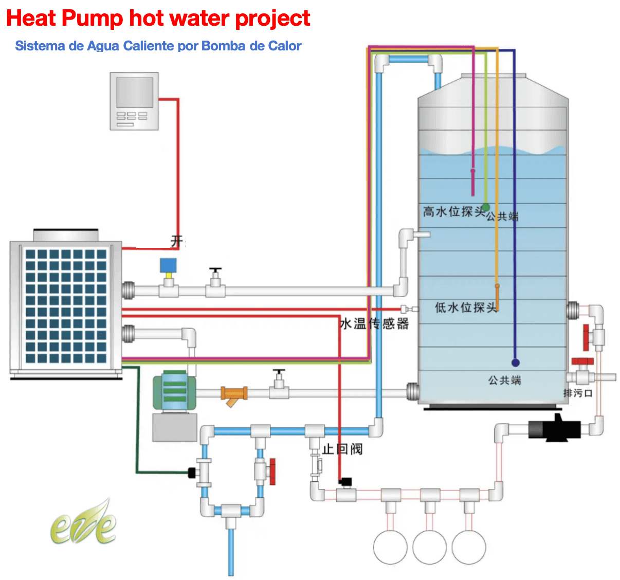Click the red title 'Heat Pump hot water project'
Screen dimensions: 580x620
coord(158,19)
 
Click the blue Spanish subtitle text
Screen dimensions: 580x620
coord(158,46)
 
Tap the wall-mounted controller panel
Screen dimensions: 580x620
coord(134,101)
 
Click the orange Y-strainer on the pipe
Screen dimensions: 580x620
coord(234,395)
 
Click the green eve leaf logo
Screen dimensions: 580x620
coord(84,523)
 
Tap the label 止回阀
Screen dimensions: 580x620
coord(342,449)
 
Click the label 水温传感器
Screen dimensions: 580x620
coord(374,323)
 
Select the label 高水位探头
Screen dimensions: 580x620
coord(454,211)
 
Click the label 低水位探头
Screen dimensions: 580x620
coord(466,307)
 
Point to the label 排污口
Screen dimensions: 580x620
coord(578,393)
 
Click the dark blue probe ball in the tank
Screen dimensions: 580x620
coord(515,362)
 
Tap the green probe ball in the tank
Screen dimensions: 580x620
coord(485,207)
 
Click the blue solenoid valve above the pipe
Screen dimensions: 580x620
coord(168,266)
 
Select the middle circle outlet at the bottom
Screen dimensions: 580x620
coord(429,547)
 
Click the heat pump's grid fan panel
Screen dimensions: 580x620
coord(65,305)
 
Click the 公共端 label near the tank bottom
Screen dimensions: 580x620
coord(504,380)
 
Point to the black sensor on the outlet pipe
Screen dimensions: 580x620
coord(345,482)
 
